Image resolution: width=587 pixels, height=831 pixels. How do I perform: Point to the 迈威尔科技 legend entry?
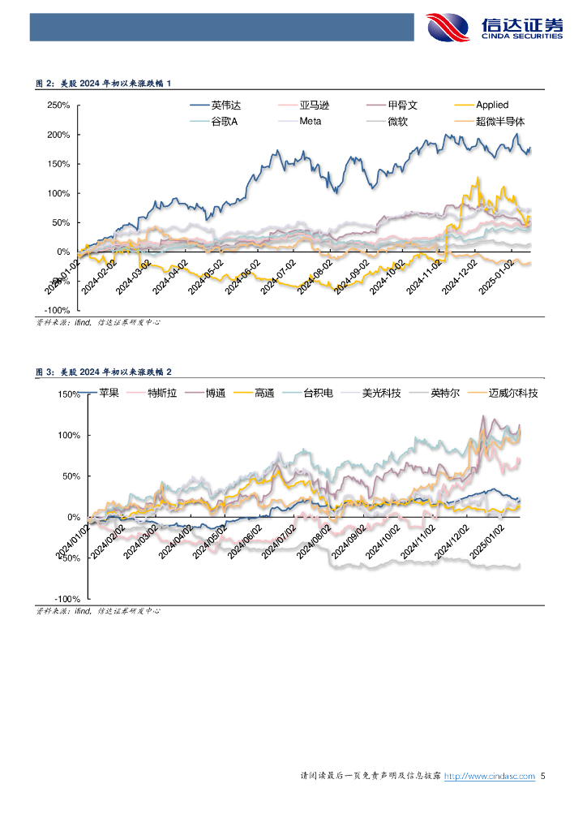[513, 393]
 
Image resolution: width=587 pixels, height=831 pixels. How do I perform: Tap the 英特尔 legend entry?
[444, 393]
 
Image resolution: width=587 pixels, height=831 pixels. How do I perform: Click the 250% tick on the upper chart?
[58, 105]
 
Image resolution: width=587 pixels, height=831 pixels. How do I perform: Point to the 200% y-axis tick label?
[58, 135]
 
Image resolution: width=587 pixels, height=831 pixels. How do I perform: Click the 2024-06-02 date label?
[244, 278]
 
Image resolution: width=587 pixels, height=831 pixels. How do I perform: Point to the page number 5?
[543, 776]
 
